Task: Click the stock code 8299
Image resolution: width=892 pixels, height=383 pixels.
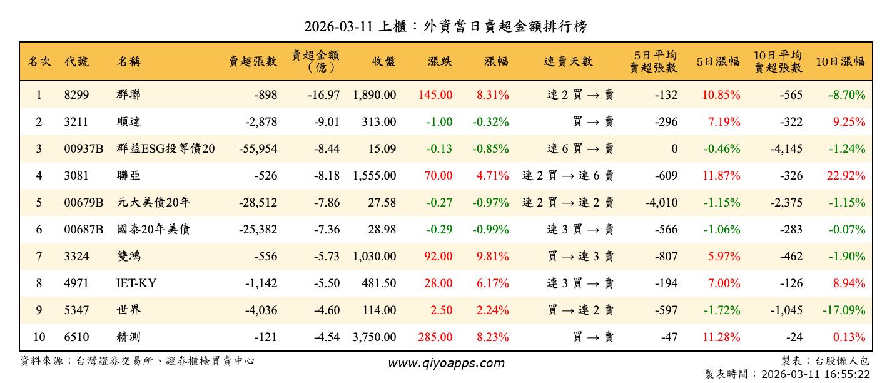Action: click(77, 95)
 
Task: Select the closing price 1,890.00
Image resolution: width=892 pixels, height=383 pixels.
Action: click(374, 95)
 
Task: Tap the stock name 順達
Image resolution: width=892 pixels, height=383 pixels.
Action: click(129, 122)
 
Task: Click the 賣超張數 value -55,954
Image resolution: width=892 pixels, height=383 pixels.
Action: click(258, 149)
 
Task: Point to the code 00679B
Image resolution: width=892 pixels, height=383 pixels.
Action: click(83, 203)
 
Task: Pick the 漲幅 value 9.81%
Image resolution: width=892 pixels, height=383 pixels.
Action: click(492, 257)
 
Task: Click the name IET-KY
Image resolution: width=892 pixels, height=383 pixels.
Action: click(136, 283)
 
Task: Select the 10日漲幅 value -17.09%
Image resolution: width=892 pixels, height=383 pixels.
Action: click(844, 310)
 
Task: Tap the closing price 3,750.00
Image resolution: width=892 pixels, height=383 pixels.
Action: click(374, 337)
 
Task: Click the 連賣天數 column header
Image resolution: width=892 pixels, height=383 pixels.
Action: click(568, 61)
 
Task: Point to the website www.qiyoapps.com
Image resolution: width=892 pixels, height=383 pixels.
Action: click(446, 363)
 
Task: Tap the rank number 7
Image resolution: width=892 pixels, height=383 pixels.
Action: click(39, 257)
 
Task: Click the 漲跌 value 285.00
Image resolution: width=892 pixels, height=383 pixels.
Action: click(435, 337)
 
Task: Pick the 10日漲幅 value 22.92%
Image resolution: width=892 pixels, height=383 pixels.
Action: click(846, 176)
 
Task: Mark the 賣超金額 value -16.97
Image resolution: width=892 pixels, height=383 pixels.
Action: click(323, 95)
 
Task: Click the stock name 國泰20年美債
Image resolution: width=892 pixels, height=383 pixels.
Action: click(153, 230)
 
